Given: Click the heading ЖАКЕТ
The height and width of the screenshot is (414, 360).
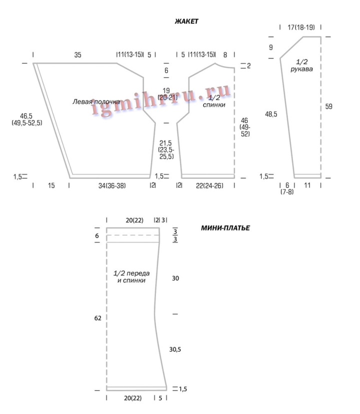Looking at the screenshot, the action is point(186,21).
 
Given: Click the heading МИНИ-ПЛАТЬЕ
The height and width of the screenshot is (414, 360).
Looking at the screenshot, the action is point(225,228).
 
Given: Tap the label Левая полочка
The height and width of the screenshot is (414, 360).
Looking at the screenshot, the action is point(96,101).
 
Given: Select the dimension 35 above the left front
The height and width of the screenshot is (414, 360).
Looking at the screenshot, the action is point(77,55).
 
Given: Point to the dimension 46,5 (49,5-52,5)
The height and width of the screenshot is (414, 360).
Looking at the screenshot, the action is point(26,119).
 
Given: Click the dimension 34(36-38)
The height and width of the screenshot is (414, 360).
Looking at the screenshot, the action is point(112,185).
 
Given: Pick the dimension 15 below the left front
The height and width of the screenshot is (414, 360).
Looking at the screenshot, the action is point(51,185).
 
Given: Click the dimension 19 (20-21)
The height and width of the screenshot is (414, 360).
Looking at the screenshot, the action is point(167,94).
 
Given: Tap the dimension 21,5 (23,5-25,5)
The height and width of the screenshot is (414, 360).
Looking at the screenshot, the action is point(166,150).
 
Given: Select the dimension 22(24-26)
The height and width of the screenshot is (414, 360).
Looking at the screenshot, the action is point(209,185).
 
